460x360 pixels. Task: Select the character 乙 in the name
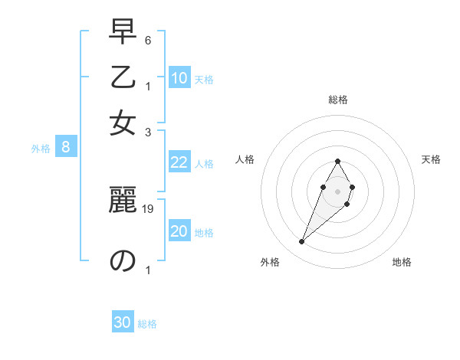click(123, 78)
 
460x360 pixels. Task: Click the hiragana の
click(123, 260)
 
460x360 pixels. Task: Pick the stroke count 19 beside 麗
click(148, 209)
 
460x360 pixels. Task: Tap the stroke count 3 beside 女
click(148, 132)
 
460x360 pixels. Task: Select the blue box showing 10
click(179, 78)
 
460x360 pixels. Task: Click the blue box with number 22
click(179, 162)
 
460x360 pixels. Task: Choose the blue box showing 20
click(179, 232)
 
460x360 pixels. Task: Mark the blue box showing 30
click(123, 322)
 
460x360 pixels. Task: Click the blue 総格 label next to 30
click(147, 324)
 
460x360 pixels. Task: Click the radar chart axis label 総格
click(338, 100)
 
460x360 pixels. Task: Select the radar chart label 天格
click(432, 159)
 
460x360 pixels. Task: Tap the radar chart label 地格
click(402, 262)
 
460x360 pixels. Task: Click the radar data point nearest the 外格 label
click(302, 242)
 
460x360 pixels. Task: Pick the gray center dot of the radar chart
click(338, 190)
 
